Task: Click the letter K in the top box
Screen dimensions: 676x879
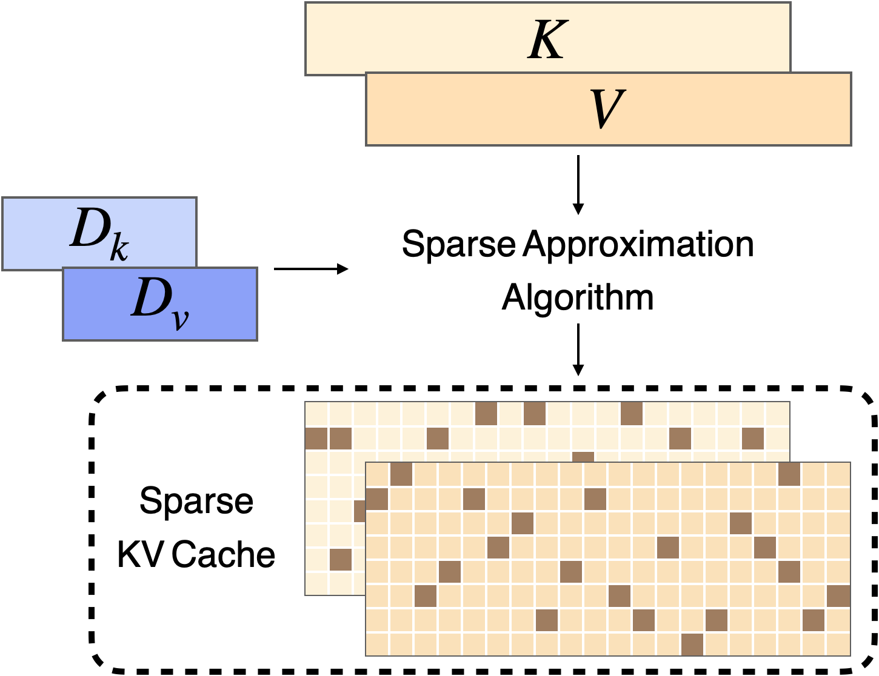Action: click(547, 40)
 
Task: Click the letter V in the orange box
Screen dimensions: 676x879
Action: click(607, 109)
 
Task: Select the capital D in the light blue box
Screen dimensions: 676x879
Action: click(89, 228)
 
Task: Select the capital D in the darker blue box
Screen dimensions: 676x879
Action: click(149, 298)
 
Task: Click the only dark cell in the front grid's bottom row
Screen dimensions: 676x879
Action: click(692, 645)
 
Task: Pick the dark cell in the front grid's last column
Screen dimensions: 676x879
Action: click(838, 596)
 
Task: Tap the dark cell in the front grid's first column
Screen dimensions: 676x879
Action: click(377, 499)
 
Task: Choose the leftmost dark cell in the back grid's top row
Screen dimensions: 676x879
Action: click(486, 414)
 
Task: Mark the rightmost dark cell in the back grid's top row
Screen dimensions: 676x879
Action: click(632, 414)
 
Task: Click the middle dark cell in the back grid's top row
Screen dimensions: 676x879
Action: click(535, 414)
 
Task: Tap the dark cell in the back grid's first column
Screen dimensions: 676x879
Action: click(316, 438)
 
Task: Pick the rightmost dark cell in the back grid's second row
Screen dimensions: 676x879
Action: click(753, 438)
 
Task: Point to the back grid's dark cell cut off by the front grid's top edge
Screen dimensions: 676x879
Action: click(583, 456)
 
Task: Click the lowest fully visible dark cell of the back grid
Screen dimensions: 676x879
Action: click(341, 559)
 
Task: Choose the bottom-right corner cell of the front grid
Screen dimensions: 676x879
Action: click(838, 645)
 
